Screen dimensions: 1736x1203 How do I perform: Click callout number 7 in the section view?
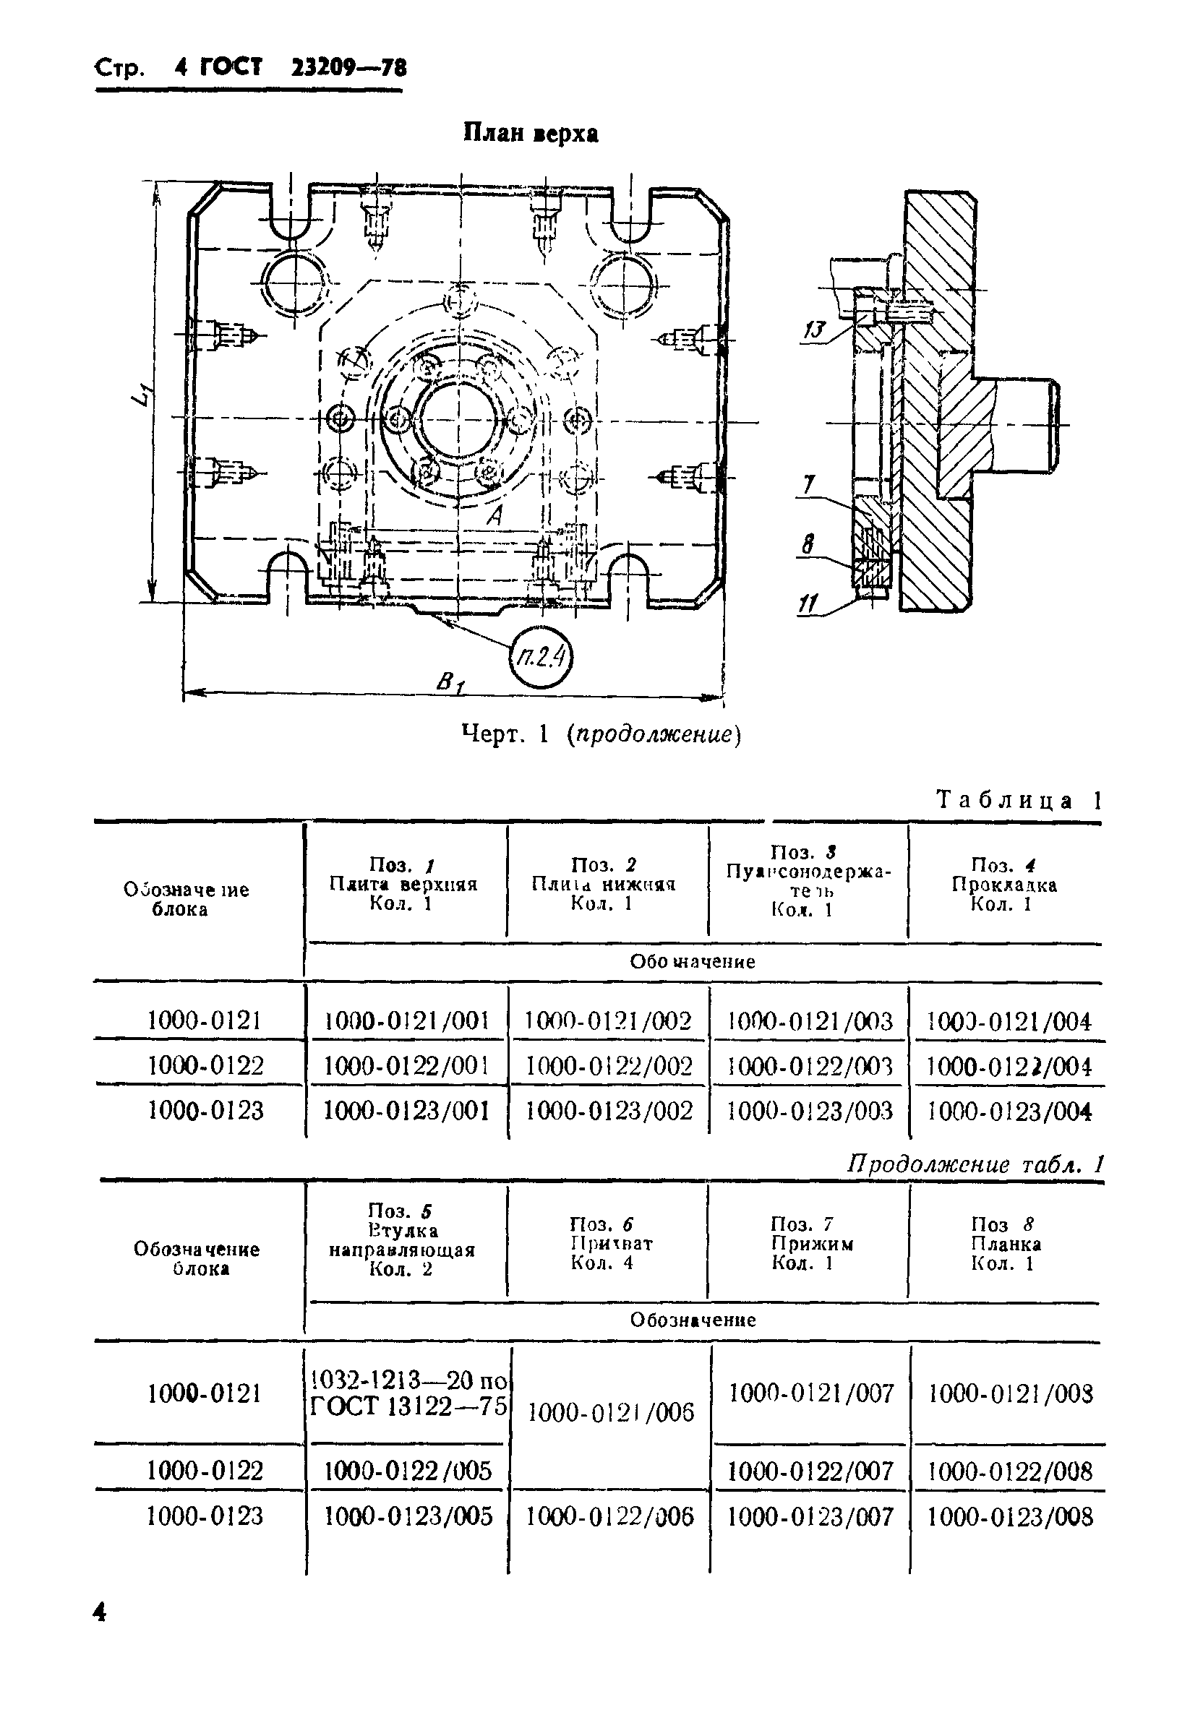(809, 484)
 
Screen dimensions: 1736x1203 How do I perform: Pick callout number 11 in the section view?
(808, 603)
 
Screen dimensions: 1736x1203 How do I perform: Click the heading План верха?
(530, 134)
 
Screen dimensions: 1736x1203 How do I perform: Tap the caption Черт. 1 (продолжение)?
(601, 734)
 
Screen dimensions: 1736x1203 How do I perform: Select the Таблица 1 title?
(1019, 800)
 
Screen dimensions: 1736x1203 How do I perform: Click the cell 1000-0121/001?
(407, 1021)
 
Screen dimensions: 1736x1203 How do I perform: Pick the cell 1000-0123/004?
(1009, 1112)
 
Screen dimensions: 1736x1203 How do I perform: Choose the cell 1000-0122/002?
(609, 1065)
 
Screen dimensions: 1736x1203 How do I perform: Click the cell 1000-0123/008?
(1009, 1517)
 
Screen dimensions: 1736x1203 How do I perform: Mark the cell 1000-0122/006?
(609, 1517)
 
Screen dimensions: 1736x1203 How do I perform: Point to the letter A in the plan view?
(495, 516)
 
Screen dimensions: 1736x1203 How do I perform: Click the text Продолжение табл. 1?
(975, 1165)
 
